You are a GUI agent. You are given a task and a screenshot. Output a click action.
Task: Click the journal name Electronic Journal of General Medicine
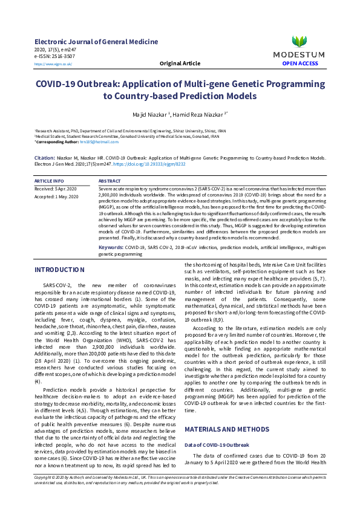point(96,42)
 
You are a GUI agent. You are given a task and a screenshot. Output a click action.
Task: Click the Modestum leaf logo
point(299,42)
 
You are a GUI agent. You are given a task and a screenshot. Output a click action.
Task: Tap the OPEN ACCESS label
point(300,63)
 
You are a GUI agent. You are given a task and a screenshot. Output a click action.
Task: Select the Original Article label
point(180,63)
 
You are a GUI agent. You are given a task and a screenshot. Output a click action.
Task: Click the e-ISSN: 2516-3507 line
point(55,56)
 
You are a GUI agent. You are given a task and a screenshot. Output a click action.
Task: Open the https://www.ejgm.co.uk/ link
point(53,63)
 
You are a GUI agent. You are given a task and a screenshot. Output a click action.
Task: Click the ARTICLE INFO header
point(49,181)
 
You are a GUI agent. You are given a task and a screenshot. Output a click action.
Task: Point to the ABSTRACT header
point(110,181)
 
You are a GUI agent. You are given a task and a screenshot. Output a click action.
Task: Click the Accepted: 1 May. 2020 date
point(57,197)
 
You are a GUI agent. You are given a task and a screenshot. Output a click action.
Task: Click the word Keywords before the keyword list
point(111,247)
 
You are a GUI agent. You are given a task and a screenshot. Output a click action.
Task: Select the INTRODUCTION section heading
point(59,270)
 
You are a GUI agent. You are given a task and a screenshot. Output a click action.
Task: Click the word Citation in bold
point(46,157)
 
